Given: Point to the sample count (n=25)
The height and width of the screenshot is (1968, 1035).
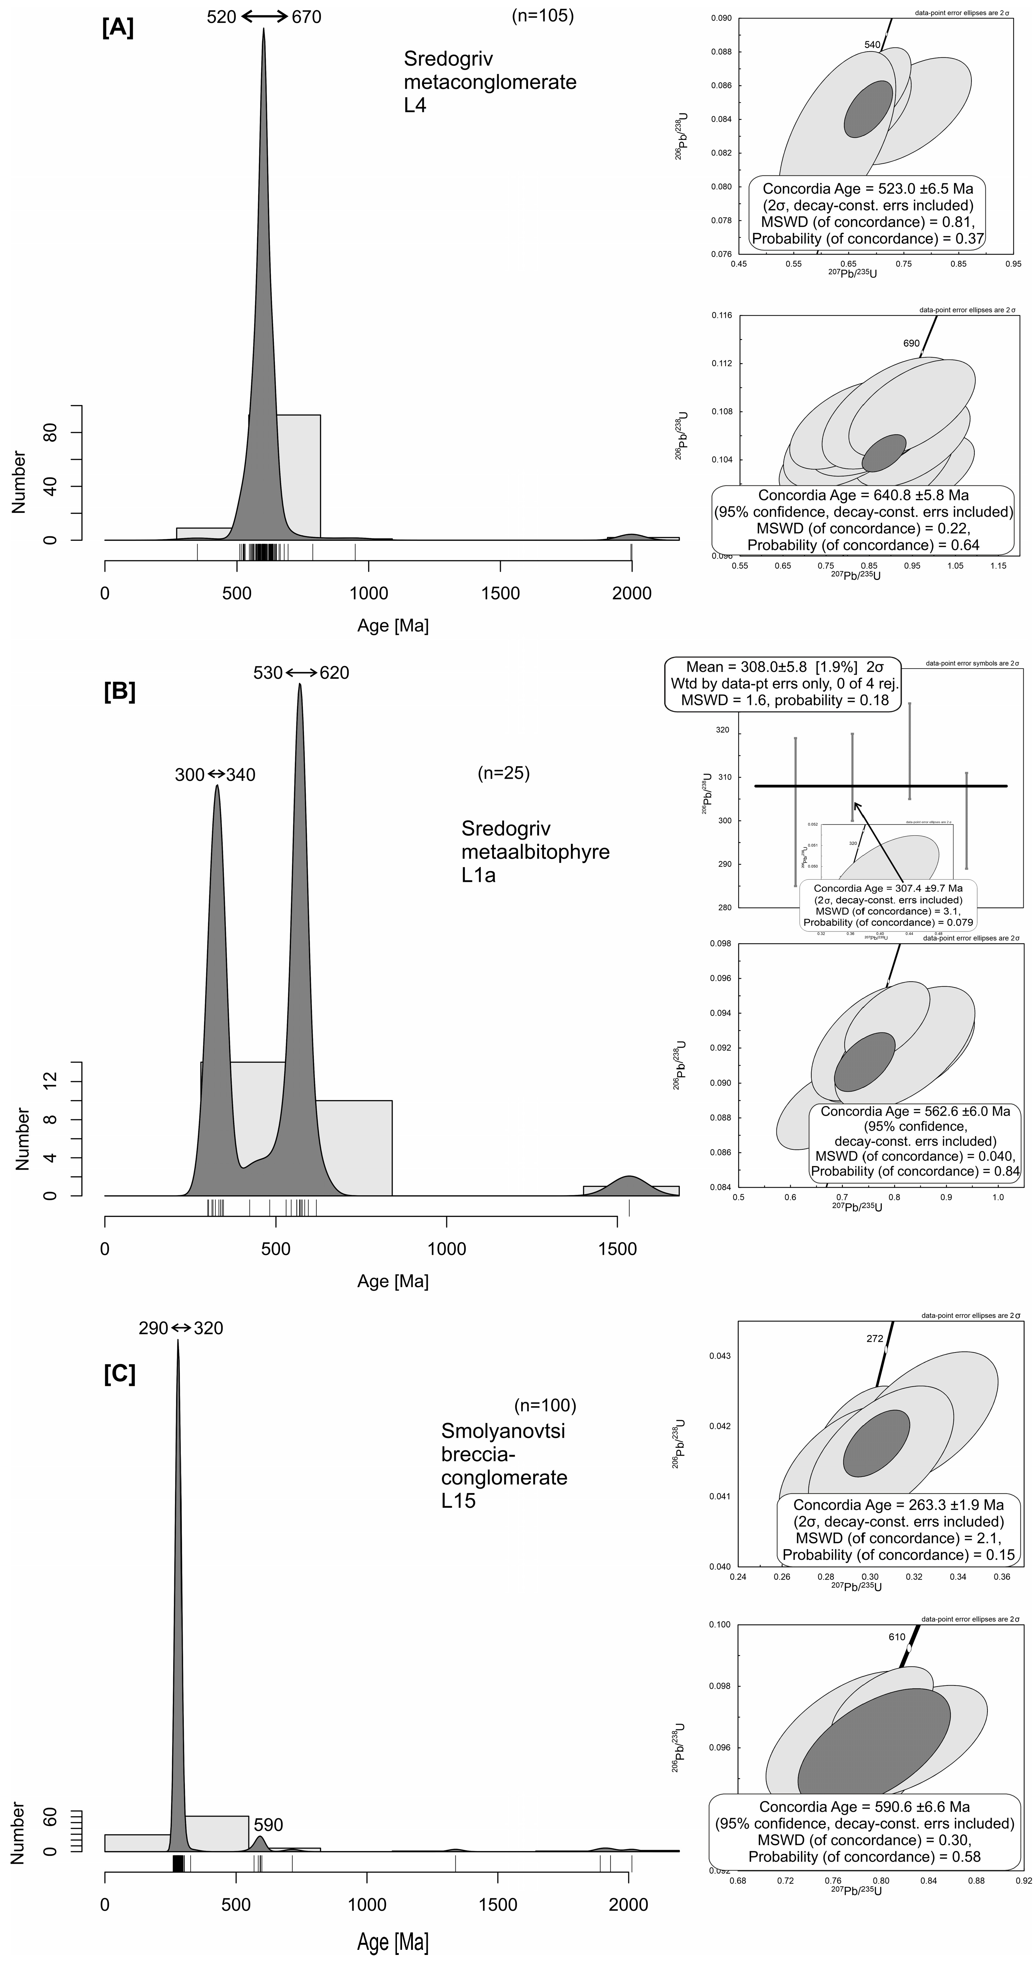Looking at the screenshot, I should [x=503, y=773].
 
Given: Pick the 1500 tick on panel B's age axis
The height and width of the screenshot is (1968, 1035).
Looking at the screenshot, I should [x=617, y=1249].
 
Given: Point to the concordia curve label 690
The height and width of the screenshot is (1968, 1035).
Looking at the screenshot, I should [x=911, y=343].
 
